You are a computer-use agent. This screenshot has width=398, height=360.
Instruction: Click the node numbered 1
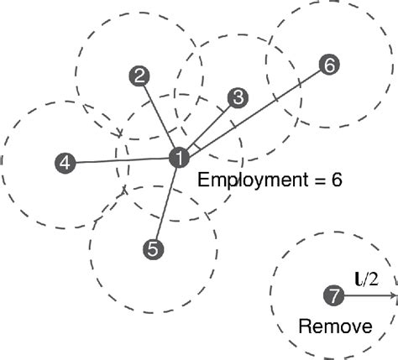(x=178, y=157)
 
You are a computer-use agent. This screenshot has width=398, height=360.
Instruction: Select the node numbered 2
(x=139, y=76)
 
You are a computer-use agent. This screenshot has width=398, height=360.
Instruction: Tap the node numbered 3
(x=238, y=98)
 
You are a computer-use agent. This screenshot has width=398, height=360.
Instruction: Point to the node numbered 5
(x=153, y=248)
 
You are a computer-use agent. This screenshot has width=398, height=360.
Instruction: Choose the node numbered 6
(x=329, y=65)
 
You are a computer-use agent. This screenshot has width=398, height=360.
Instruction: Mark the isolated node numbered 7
(x=333, y=295)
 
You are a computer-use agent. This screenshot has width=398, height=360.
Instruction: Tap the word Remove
(x=335, y=326)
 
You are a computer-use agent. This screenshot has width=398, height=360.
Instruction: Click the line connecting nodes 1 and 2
(x=159, y=117)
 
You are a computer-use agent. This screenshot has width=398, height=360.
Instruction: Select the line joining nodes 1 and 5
(x=165, y=202)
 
